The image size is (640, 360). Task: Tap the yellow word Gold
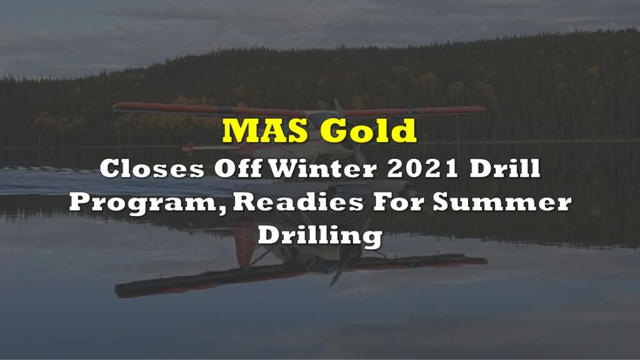[367, 130]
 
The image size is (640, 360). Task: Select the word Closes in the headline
[152, 169]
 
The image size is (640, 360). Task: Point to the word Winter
[323, 168]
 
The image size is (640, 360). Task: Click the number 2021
[422, 169]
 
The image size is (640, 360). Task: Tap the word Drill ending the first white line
[505, 168]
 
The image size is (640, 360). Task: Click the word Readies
[298, 202]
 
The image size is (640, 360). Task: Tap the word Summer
[502, 202]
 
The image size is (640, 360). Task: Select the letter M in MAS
[239, 131]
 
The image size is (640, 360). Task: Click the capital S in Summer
[441, 202]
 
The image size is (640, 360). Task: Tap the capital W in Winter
[284, 168]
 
